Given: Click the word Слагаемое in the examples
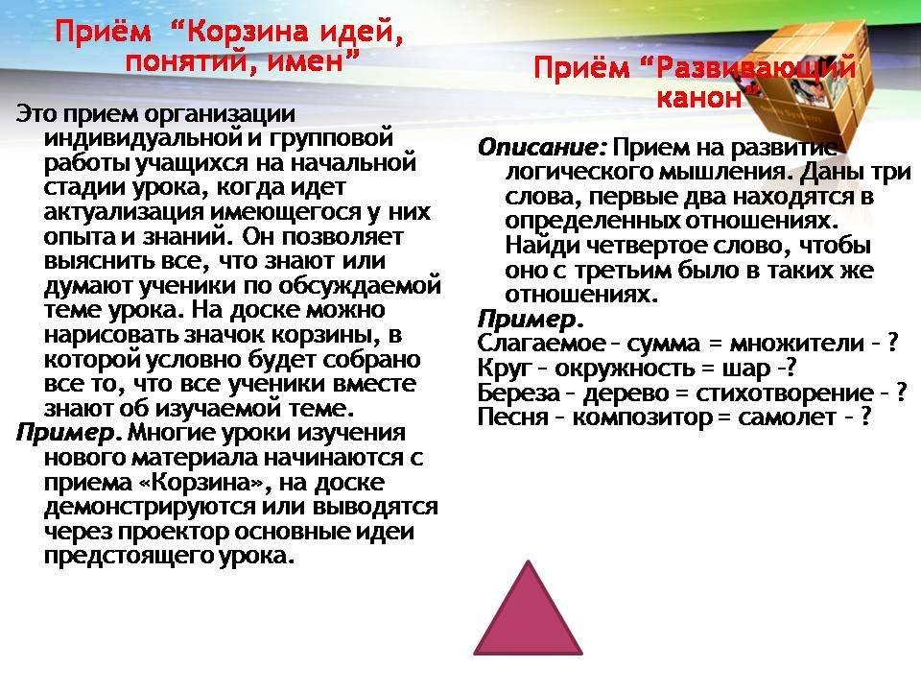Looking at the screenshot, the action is pos(532,343).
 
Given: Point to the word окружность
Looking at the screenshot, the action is pos(623,369).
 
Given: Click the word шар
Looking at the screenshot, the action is pos(745,369).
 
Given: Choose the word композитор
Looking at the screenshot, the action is pos(642,417).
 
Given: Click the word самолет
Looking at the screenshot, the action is pos(787,417).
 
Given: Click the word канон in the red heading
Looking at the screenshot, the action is pos(699,97).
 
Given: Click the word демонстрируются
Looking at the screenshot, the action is pos(150,507).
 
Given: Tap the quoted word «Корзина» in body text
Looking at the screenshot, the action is pos(203,483).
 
